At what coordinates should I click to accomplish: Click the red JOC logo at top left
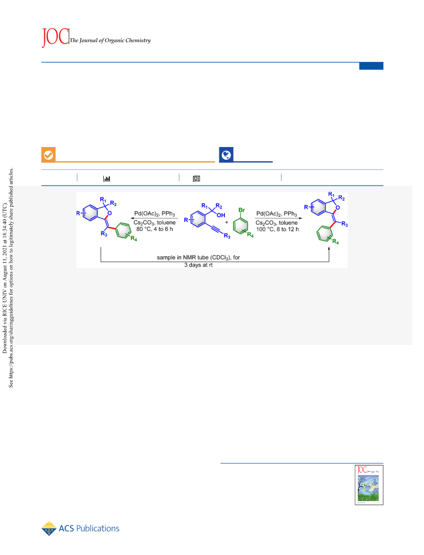pyautogui.click(x=55, y=37)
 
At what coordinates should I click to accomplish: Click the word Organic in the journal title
pyautogui.click(x=115, y=40)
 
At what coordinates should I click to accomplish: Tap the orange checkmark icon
pyautogui.click(x=48, y=155)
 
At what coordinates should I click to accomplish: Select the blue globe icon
pyautogui.click(x=226, y=155)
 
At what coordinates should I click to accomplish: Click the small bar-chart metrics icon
pyautogui.click(x=106, y=179)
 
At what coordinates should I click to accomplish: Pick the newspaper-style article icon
pyautogui.click(x=196, y=179)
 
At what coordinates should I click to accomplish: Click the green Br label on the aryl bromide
pyautogui.click(x=242, y=210)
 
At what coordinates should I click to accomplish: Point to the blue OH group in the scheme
pyautogui.click(x=221, y=215)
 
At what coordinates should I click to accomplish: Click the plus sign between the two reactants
pyautogui.click(x=227, y=222)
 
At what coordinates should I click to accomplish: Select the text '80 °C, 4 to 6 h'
pyautogui.click(x=155, y=229)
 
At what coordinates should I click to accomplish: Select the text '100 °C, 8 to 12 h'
pyautogui.click(x=277, y=229)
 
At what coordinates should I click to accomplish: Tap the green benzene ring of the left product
pyautogui.click(x=123, y=230)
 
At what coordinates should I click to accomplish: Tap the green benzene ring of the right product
pyautogui.click(x=325, y=233)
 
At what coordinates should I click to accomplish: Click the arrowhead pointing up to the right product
pyautogui.click(x=329, y=249)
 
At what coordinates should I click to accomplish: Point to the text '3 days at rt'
pyautogui.click(x=199, y=265)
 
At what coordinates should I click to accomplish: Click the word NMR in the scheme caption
pyautogui.click(x=189, y=257)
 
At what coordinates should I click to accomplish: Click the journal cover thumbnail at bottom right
pyautogui.click(x=369, y=485)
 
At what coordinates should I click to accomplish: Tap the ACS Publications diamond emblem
pyautogui.click(x=49, y=529)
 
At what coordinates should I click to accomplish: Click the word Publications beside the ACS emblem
pyautogui.click(x=98, y=529)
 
